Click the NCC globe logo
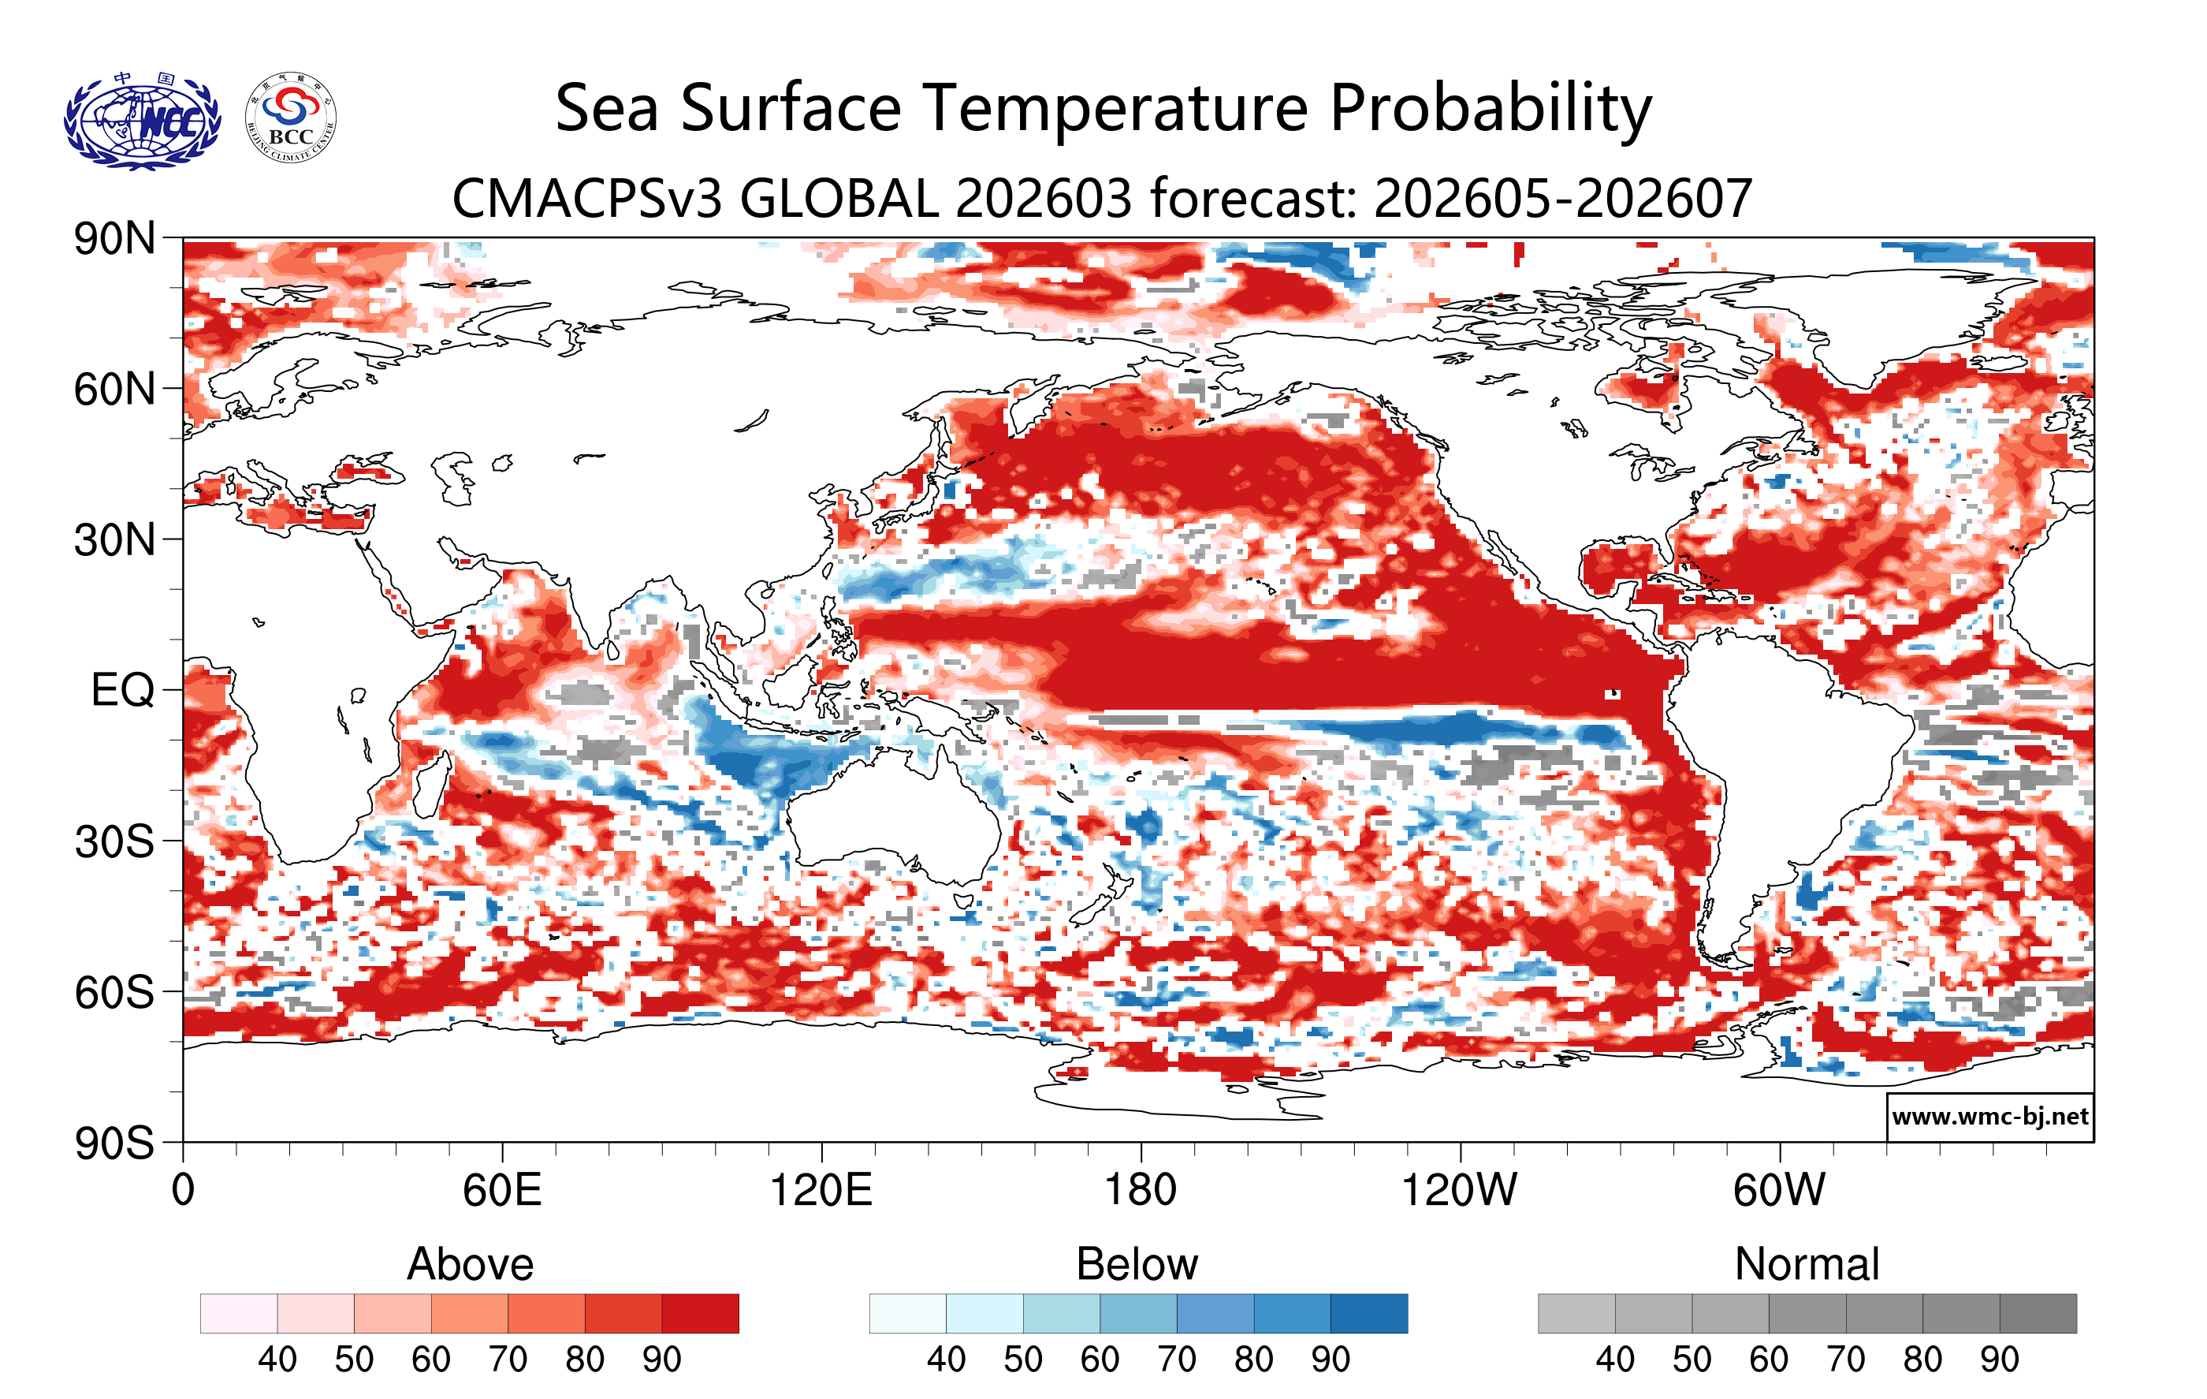click(x=142, y=121)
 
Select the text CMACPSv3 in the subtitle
click(x=587, y=199)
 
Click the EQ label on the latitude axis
click(x=122, y=690)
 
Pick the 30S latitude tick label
click(x=114, y=841)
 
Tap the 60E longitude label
click(x=501, y=1191)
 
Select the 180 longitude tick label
click(x=1141, y=1191)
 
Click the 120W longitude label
click(x=1459, y=1191)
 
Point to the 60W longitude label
click(x=1779, y=1191)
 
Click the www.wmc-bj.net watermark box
click(x=1989, y=1117)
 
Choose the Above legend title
click(x=471, y=1264)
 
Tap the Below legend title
click(x=1137, y=1264)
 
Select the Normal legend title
click(x=1807, y=1264)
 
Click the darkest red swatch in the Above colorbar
click(x=700, y=1313)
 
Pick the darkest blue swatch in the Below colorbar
click(x=1368, y=1313)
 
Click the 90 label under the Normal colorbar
click(x=1999, y=1360)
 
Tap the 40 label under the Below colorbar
click(x=946, y=1360)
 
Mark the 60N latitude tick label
click(x=114, y=390)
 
